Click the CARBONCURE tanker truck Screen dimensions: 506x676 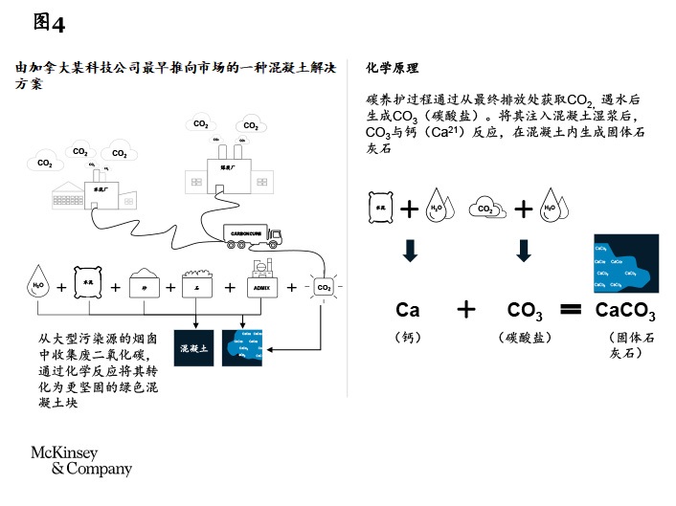tap(253, 235)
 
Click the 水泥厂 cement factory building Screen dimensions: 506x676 tap(91, 191)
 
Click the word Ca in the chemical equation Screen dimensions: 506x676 tap(408, 310)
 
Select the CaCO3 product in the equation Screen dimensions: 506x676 tap(624, 310)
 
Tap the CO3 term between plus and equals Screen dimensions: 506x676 tap(526, 310)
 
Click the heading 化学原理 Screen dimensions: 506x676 tap(393, 69)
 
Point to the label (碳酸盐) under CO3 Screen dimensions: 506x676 tap(525, 338)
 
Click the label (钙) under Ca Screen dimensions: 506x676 tap(407, 338)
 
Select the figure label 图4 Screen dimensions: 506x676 tap(49, 21)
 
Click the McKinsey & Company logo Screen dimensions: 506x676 tap(81, 460)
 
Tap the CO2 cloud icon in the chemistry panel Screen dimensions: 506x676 tap(485, 208)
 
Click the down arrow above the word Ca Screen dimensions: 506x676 tap(410, 251)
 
